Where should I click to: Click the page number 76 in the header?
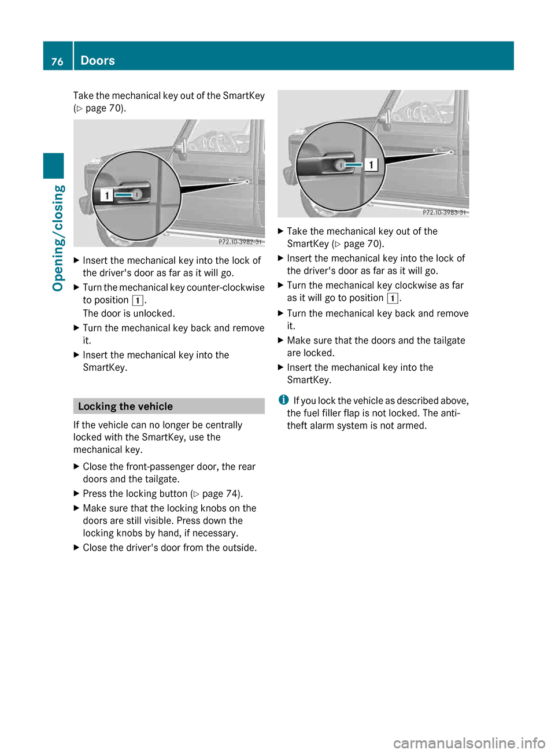pos(57,61)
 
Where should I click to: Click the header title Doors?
pos(98,61)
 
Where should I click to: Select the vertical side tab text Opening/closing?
pos(58,238)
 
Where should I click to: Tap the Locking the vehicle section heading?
pos(125,407)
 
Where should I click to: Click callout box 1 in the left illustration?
pos(106,195)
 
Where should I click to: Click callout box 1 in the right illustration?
pos(371,165)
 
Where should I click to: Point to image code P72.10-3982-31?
pos(240,242)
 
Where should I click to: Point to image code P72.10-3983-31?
pos(444,212)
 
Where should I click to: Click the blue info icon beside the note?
pos(283,400)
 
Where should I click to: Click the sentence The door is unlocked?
pos(129,313)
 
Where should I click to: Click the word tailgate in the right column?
pos(446,341)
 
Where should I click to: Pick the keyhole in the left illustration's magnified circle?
pos(137,195)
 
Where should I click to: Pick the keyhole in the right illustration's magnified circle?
pos(341,165)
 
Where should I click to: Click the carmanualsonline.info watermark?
pos(469,743)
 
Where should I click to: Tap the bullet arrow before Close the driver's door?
pos(76,548)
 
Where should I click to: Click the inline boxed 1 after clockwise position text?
pos(392,298)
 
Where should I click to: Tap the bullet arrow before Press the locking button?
pos(76,494)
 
